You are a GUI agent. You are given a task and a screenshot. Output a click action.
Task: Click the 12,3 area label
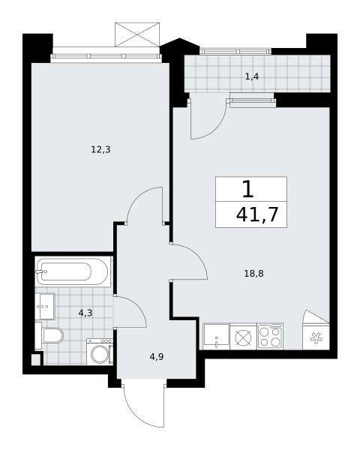[x=100, y=149]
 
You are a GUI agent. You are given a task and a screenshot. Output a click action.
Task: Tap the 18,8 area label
[x=253, y=274]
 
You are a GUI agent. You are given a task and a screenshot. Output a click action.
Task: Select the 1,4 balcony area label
[x=252, y=76]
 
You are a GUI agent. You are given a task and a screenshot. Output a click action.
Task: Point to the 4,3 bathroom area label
[x=85, y=313]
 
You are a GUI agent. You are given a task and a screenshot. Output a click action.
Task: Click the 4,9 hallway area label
[x=157, y=357]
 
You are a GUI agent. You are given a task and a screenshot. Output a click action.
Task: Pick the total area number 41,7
[x=257, y=214]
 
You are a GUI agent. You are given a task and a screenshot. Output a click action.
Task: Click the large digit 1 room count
[x=248, y=190]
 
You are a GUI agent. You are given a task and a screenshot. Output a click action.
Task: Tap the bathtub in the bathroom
[x=72, y=271]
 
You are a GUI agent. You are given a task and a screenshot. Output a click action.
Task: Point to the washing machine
[x=100, y=352]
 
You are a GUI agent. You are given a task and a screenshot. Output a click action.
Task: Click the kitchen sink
[x=216, y=336]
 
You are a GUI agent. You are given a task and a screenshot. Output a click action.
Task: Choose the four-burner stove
[x=270, y=336]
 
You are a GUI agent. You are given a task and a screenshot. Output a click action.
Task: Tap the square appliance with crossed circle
[x=243, y=337]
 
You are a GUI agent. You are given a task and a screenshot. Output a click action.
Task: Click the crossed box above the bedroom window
[x=137, y=34]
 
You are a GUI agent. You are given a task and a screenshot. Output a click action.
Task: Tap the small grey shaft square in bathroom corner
[x=36, y=360]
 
